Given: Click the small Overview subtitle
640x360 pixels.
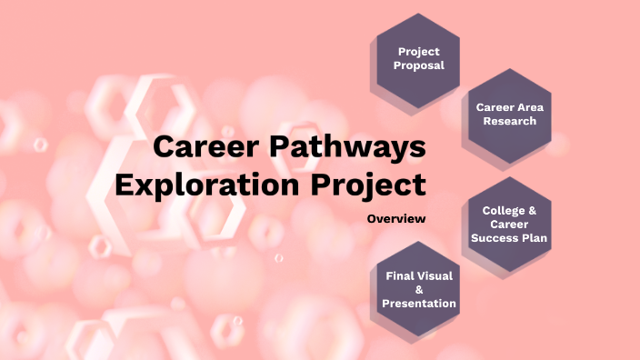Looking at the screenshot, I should tap(396, 219).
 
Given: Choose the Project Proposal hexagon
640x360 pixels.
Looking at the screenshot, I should tap(418, 59).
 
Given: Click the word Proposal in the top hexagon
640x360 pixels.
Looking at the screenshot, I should tap(418, 66).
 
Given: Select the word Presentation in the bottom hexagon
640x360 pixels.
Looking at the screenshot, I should tap(418, 304).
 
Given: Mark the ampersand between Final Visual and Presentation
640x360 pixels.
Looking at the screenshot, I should tap(418, 289).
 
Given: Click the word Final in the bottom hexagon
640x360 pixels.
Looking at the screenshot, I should tap(401, 275).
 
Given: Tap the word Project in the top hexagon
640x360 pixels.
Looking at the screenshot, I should tap(418, 52).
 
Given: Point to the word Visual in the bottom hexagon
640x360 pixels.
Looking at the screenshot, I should tap(435, 275).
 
